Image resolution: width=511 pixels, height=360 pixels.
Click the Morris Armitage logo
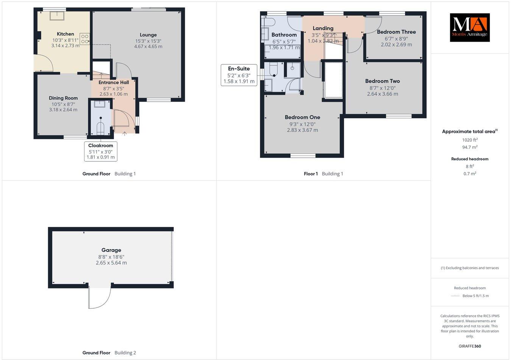469,28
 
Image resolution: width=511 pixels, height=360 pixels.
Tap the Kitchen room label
65,34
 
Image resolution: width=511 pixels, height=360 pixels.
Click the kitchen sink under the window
58,16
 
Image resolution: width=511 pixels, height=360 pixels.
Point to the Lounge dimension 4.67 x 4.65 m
148,47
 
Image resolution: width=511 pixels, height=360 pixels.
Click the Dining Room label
63,98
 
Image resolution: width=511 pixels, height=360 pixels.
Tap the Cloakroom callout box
101,151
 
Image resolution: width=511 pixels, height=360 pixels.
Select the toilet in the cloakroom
101,127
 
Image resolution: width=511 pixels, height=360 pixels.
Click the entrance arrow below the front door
125,133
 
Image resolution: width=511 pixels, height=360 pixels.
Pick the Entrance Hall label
114,82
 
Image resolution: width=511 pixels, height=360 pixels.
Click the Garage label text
111,250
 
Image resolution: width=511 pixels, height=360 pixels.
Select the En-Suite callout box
239,75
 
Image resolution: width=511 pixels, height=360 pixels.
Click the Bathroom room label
284,35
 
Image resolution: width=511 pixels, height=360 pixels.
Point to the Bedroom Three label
396,32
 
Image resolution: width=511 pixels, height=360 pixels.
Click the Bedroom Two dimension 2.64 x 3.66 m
382,94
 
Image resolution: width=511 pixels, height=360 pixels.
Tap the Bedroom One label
302,117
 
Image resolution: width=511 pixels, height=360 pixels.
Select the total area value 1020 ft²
469,140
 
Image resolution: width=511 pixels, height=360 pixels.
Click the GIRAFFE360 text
469,346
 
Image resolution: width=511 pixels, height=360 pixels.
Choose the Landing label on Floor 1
323,28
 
